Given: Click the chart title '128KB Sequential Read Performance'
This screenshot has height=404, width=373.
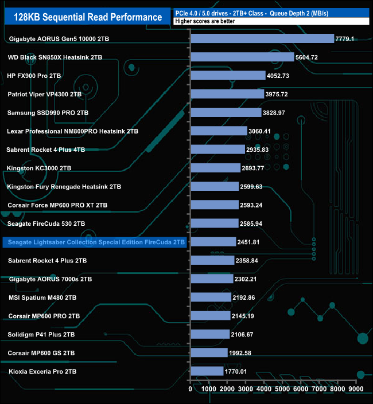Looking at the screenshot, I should pos(86,17).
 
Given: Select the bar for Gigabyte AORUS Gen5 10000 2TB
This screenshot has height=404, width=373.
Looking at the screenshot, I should pos(262,38).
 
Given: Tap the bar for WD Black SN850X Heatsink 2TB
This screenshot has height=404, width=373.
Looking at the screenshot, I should pos(242,57).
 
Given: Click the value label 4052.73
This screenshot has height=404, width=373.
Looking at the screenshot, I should pos(282,76).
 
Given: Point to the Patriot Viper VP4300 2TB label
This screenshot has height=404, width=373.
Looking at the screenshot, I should pos(45,94).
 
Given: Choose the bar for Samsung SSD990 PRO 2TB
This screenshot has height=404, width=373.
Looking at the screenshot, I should pos(226,112).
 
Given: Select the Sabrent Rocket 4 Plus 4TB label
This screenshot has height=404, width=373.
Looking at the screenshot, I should pos(46,150).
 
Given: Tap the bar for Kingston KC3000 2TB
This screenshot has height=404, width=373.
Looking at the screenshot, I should pos(215,168).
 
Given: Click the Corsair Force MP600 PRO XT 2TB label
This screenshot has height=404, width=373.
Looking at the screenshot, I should pos(58,205).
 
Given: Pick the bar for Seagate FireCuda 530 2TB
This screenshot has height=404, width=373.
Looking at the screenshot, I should pos(214,223).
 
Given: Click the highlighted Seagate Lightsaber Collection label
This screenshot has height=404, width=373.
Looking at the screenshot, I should pos(95,242).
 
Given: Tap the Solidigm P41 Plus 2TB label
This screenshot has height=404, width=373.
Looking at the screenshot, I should pos(41,335).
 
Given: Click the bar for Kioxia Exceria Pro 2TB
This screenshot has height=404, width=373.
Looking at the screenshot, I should pos(207,371).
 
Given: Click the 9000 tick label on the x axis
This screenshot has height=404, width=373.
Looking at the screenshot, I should pos(356,390).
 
